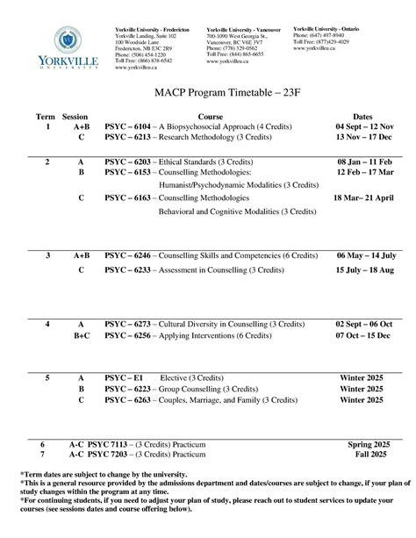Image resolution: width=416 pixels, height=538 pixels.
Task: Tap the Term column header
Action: pos(45,117)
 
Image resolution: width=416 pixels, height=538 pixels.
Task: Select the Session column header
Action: pos(75,117)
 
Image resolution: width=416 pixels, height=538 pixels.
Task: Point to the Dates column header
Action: pos(362,117)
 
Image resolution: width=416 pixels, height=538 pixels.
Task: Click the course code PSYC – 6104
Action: pos(127,127)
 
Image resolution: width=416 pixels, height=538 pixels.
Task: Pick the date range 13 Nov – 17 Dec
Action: pos(362,138)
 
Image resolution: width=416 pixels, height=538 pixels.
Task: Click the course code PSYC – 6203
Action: pos(127,163)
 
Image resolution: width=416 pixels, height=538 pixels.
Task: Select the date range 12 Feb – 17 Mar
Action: pos(362,174)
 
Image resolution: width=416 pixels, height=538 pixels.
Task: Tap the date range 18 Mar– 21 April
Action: pos(362,198)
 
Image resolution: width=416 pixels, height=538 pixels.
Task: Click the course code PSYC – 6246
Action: pos(127,255)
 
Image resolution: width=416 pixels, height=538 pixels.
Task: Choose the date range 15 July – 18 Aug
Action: pos(362,270)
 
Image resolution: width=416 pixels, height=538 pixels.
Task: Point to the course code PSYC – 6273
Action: pos(127,325)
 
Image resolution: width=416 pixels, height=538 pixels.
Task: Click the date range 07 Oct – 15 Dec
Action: pos(362,335)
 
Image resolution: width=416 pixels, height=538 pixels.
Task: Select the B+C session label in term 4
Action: pos(81,335)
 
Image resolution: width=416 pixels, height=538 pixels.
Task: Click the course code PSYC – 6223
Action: pos(127,388)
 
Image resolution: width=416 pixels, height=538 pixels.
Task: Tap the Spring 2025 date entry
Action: pos(362,446)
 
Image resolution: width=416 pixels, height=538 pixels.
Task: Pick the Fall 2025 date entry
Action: pos(362,456)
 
